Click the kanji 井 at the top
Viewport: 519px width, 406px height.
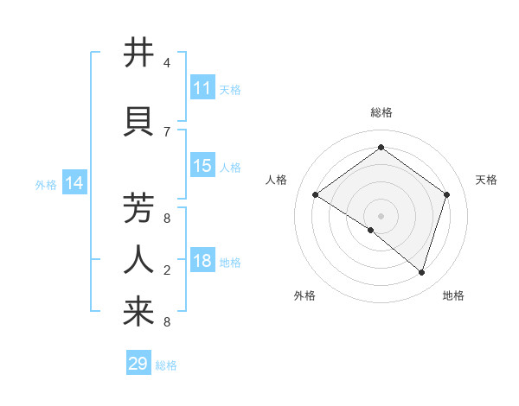pos(139,54)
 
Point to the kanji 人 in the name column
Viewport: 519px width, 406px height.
pos(139,258)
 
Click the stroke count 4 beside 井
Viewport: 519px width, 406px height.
pos(167,63)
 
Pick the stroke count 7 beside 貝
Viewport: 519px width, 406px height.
pos(167,131)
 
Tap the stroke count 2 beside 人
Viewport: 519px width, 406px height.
pos(167,270)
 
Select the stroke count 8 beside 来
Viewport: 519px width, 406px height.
pos(167,322)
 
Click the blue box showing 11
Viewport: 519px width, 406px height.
pos(202,88)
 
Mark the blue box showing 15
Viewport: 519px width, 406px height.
pos(202,166)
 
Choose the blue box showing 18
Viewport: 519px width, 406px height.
pos(202,262)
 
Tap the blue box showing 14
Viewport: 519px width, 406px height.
pos(74,183)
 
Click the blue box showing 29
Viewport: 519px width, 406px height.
pos(138,364)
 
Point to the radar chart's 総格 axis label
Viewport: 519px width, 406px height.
pos(381,113)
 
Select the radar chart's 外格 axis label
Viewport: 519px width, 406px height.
pos(304,295)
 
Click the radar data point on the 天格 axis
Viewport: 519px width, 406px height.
pos(446,194)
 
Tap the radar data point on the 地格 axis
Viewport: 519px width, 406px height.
pos(421,272)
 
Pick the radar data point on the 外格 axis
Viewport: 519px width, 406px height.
pos(371,231)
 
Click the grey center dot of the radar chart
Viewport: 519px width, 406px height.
pos(381,215)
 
